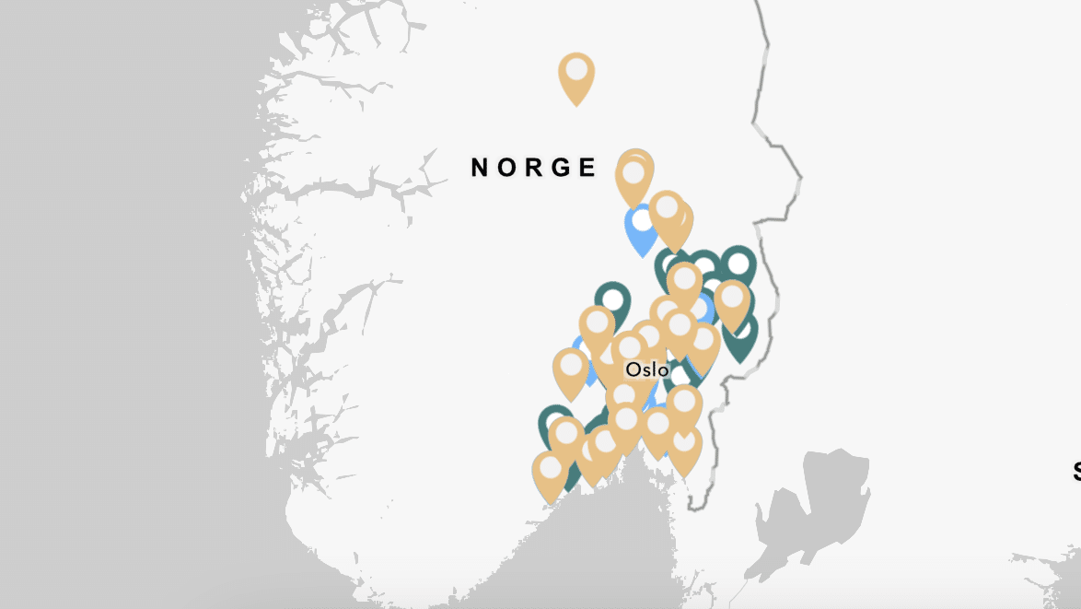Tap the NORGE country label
tap(534, 167)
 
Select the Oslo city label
tap(647, 369)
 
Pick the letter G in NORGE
tap(562, 167)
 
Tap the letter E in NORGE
tap(587, 167)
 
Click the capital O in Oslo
tap(633, 369)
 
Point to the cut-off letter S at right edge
tap(1076, 472)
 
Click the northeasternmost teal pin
tap(738, 264)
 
